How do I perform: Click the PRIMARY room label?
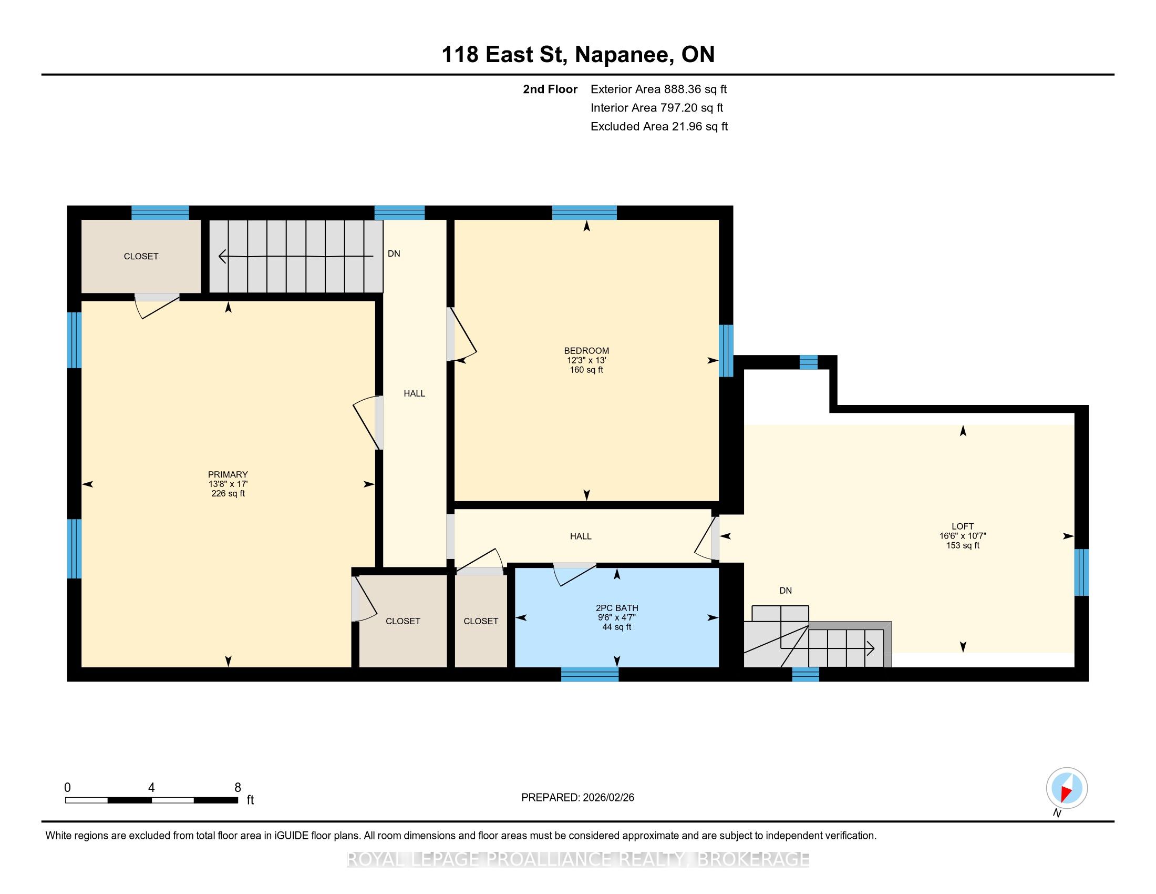click(x=228, y=474)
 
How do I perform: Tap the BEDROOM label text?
click(x=586, y=351)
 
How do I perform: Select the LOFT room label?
click(x=962, y=526)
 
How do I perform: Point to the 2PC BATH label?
click(x=617, y=608)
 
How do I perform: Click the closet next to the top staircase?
click(x=141, y=256)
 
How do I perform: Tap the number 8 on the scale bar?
click(x=238, y=788)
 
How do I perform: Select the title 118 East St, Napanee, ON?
click(x=578, y=55)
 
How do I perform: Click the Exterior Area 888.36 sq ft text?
click(x=658, y=89)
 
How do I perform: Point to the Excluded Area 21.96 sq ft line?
click(x=659, y=126)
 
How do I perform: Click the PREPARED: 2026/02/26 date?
click(x=577, y=798)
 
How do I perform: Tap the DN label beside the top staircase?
click(x=394, y=253)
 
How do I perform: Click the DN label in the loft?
click(x=786, y=591)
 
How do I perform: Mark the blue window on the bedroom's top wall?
click(x=584, y=212)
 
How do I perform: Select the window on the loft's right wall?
click(x=1081, y=573)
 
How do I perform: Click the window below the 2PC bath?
click(x=590, y=674)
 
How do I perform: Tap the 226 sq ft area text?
click(x=228, y=494)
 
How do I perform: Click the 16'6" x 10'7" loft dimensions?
click(x=962, y=536)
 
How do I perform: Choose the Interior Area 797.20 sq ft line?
click(x=657, y=107)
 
